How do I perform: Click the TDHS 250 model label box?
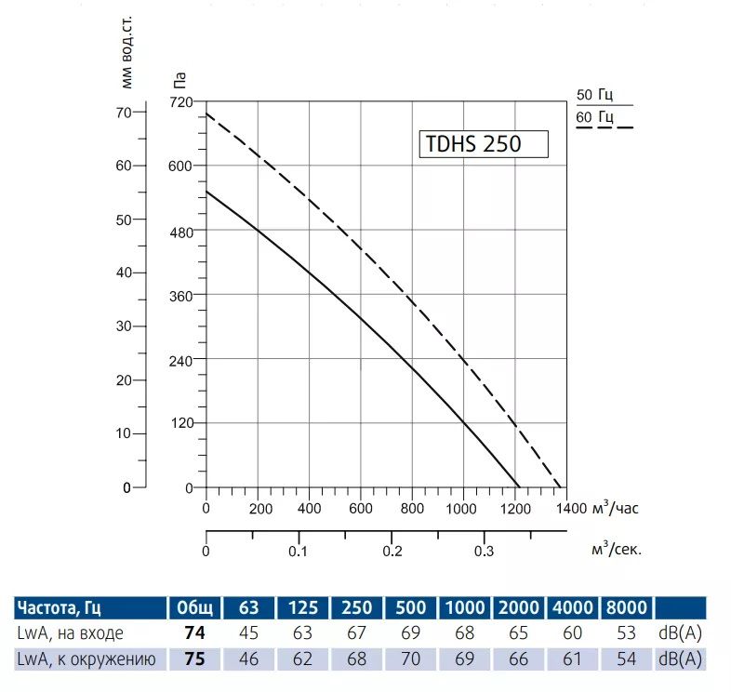pyautogui.click(x=483, y=144)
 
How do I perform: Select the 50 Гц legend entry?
pyautogui.click(x=594, y=95)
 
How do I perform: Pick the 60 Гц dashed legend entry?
pyautogui.click(x=595, y=117)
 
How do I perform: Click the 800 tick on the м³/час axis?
pyautogui.click(x=412, y=509)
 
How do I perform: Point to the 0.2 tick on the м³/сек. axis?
pyautogui.click(x=392, y=551)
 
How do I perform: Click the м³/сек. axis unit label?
pyautogui.click(x=616, y=549)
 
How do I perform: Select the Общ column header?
pyautogui.click(x=193, y=608)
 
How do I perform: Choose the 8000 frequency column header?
pyautogui.click(x=626, y=608)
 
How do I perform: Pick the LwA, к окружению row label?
pyautogui.click(x=84, y=659)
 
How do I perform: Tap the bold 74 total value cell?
pyautogui.click(x=193, y=633)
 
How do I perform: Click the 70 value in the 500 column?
pyautogui.click(x=410, y=659)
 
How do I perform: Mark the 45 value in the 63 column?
pyautogui.click(x=249, y=633)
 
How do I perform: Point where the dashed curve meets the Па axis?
pyautogui.click(x=206, y=113)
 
